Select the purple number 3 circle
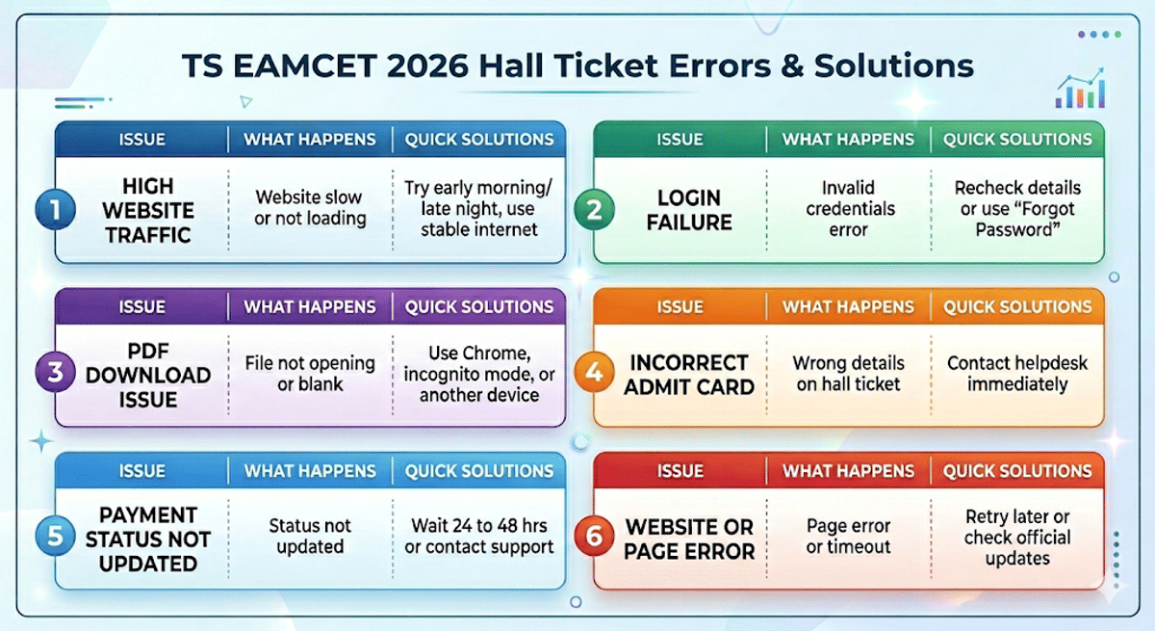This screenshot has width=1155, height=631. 55,373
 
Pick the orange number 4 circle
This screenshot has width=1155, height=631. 594,373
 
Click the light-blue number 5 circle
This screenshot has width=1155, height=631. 55,537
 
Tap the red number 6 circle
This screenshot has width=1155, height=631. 594,537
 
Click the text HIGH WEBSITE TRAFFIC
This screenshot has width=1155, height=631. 147,210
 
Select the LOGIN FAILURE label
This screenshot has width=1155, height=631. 689,210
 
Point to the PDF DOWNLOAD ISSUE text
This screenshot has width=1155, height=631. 147,374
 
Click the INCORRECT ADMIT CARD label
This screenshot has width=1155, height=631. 689,375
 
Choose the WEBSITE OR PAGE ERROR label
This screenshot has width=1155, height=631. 689,539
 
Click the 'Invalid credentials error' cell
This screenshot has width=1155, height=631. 848,209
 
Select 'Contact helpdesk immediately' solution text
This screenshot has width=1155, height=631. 1017,374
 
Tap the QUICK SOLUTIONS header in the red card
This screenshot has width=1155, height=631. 1017,471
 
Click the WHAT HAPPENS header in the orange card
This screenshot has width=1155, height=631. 848,307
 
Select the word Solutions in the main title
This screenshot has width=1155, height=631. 893,66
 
